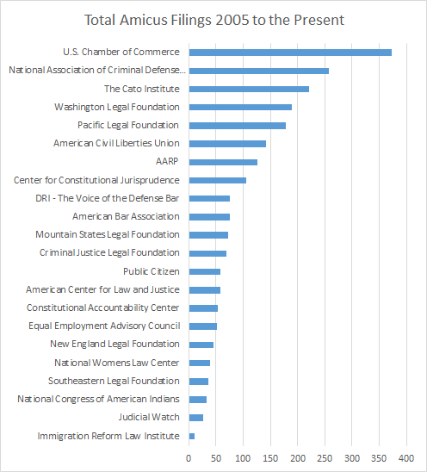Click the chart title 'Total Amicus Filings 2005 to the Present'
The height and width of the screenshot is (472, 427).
click(213, 19)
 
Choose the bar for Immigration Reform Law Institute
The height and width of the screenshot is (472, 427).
click(192, 436)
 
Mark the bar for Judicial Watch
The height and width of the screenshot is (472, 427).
click(196, 418)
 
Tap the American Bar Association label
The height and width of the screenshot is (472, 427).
click(126, 216)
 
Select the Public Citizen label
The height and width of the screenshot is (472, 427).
click(152, 271)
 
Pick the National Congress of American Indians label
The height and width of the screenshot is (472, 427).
click(98, 399)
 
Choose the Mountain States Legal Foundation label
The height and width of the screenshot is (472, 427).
click(108, 234)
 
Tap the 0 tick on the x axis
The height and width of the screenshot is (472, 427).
click(189, 457)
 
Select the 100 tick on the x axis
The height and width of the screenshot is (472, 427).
click(243, 457)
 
